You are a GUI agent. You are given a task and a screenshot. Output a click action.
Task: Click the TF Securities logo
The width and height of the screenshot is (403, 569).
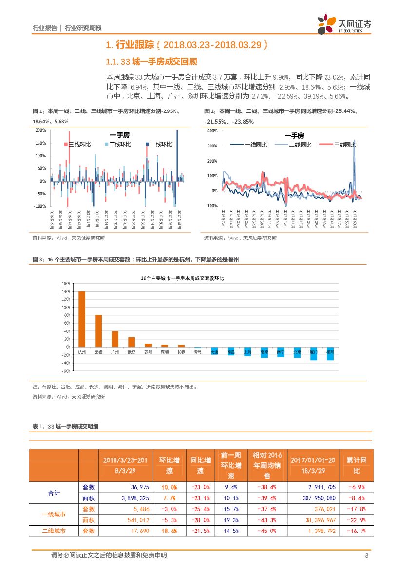344,24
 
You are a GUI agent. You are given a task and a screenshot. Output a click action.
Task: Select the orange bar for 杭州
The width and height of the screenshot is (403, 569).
82,319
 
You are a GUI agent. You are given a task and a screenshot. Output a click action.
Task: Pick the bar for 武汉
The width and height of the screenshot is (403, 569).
132,342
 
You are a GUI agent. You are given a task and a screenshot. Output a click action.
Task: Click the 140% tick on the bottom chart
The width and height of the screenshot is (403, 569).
67,292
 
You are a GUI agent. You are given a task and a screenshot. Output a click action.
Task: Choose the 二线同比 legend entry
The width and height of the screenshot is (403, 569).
294,145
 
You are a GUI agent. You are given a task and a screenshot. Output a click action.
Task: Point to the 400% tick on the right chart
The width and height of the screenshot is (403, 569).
212,131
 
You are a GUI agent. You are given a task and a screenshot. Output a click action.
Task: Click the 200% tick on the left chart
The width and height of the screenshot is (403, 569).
41,130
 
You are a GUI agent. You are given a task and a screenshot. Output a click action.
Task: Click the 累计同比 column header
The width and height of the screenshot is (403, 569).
356,465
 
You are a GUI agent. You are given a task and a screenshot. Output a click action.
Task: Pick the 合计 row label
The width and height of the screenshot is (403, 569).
54,493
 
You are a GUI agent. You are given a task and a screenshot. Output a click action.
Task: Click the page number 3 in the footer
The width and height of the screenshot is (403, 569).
366,556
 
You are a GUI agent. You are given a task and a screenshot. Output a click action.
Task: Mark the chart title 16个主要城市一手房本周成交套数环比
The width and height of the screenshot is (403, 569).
182,278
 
